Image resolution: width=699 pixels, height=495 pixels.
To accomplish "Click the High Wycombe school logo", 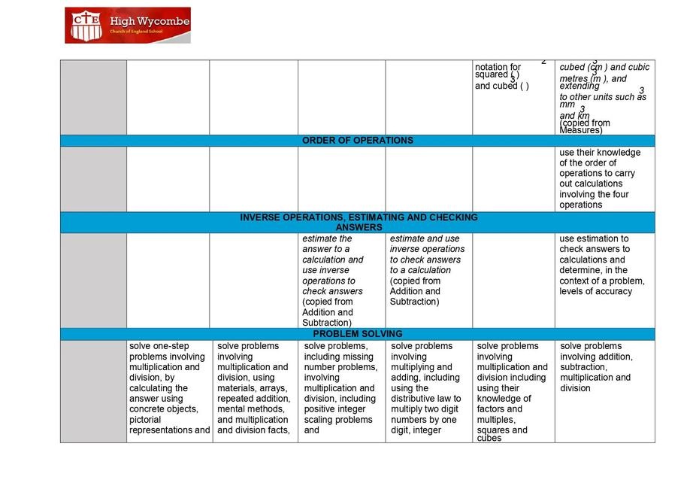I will (127, 26).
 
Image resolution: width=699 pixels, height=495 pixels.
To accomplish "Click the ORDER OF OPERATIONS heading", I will (357, 141).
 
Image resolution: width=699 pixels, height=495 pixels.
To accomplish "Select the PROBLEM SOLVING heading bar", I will (357, 334).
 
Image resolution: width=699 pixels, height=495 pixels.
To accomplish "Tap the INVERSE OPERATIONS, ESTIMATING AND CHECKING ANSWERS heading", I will (359, 222).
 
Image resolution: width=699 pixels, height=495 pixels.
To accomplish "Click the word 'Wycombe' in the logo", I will (163, 22).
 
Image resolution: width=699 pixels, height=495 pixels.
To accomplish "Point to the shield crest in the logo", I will (85, 25).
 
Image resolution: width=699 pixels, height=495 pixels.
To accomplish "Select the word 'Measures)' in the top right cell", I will (581, 130).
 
